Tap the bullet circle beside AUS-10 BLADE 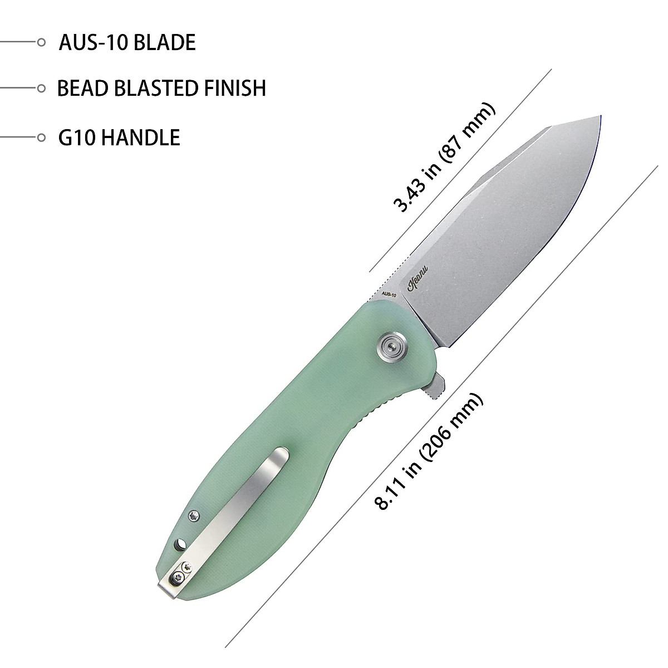(41, 42)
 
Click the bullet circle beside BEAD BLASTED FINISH (41, 88)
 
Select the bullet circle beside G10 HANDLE (41, 137)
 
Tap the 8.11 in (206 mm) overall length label (429, 451)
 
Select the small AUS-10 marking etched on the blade (389, 294)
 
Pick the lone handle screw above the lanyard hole (193, 517)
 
